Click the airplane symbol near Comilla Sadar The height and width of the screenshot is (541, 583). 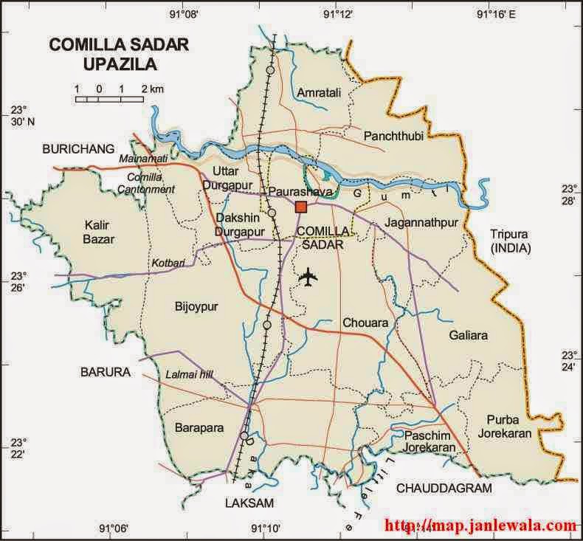click(309, 278)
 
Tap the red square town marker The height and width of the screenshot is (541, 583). click(300, 207)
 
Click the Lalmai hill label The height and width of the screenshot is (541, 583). click(189, 374)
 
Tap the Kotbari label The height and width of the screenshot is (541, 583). click(168, 262)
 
